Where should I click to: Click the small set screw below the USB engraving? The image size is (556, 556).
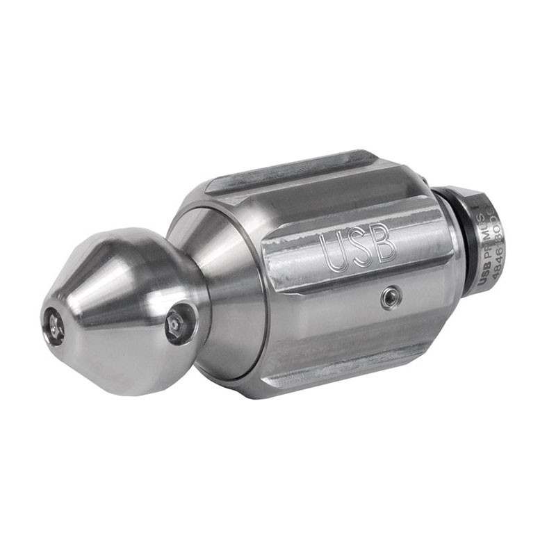coord(391,298)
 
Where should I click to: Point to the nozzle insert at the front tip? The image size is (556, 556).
coord(53,325)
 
